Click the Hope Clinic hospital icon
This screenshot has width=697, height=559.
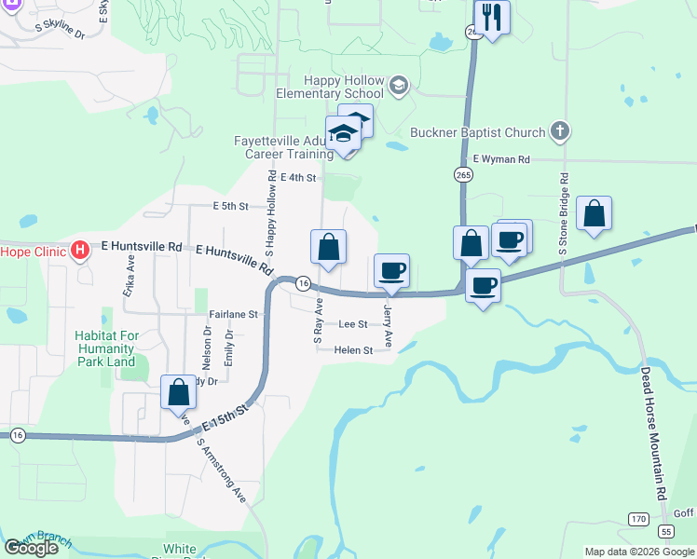pos(80,250)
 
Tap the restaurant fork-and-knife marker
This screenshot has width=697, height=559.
pos(491,17)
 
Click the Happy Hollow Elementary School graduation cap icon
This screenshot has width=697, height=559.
pos(398,87)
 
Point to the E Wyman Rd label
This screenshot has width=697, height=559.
pos(500,160)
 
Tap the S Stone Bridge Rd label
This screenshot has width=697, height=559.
pos(563,226)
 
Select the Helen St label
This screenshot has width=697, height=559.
pos(353,350)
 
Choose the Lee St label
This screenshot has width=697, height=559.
pos(353,324)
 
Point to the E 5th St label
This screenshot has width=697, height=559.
pos(230,206)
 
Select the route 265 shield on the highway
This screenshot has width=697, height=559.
pos(463,173)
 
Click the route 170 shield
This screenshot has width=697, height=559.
pos(637,518)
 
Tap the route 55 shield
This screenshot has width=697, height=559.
pos(664,530)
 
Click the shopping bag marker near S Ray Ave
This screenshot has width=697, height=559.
pos(328,247)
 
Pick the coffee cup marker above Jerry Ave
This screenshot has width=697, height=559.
pos(391,270)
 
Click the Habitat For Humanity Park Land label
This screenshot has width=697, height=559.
pos(105,348)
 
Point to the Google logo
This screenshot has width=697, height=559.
pos(31,548)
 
